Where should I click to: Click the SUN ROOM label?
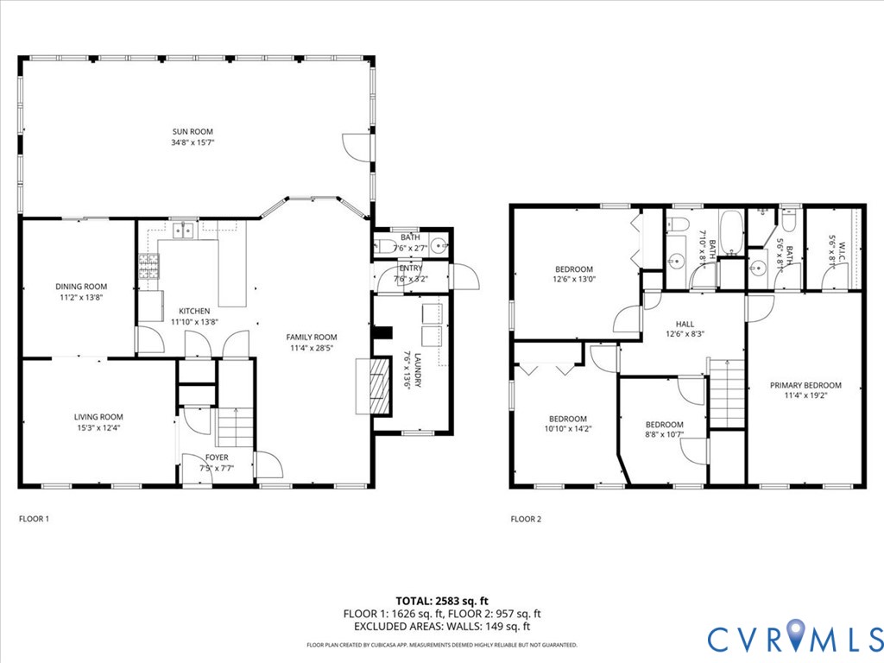tap(192, 132)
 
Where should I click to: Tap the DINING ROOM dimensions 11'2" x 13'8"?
tap(81, 297)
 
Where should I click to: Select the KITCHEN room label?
tap(193, 311)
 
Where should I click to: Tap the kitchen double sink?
tap(182, 230)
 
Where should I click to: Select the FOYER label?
tap(216, 458)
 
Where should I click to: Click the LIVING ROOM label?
tap(98, 416)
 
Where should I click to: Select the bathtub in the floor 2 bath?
tap(730, 233)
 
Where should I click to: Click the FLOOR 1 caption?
tap(35, 519)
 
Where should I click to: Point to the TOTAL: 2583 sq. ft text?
tap(441, 600)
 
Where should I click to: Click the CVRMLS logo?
tap(794, 637)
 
